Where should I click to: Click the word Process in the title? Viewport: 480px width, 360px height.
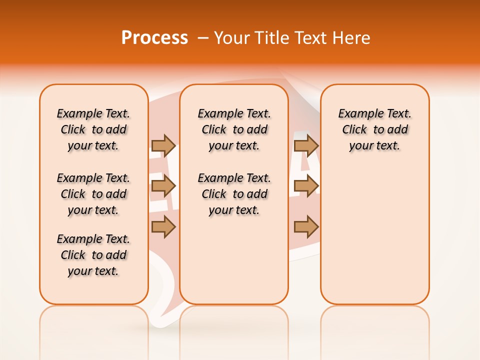154,37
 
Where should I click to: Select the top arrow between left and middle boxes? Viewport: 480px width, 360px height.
163,145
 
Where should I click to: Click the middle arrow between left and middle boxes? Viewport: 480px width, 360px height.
163,186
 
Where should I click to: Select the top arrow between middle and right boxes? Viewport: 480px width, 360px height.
306,145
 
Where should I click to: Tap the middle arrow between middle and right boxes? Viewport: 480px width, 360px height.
306,186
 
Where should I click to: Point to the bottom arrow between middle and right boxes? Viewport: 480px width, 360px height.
306,227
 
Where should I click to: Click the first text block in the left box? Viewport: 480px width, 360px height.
93,129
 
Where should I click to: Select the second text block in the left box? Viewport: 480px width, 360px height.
93,194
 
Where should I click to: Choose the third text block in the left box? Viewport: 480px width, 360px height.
93,255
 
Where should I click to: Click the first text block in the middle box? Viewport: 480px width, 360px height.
234,129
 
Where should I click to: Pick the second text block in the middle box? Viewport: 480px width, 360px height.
234,194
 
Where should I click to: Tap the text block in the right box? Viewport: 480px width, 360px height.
374,129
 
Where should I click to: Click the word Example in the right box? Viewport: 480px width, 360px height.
356,114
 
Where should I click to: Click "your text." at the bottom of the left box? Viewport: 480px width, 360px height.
93,271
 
